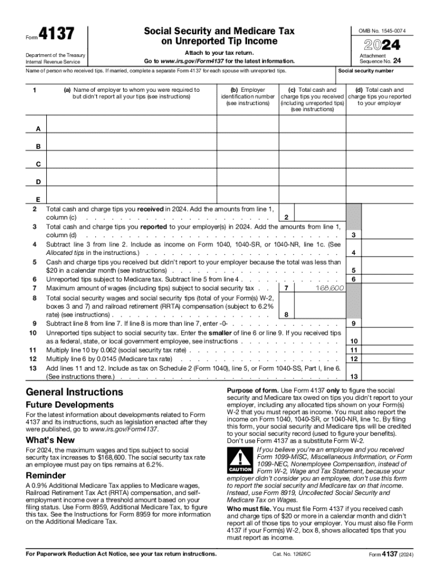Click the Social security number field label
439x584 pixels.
tap(365, 71)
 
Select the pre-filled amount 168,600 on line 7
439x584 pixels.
tap(330, 289)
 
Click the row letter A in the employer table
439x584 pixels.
tap(38, 129)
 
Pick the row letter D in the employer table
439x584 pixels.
tap(38, 182)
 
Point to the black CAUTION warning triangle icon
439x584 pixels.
tap(240, 459)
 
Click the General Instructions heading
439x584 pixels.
tap(75, 392)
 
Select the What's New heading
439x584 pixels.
tap(50, 440)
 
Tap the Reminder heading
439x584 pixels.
tap(46, 476)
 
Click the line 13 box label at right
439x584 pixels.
tap(354, 377)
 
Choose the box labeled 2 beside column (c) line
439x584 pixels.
tap(286, 217)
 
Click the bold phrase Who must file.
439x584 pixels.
tap(249, 508)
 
